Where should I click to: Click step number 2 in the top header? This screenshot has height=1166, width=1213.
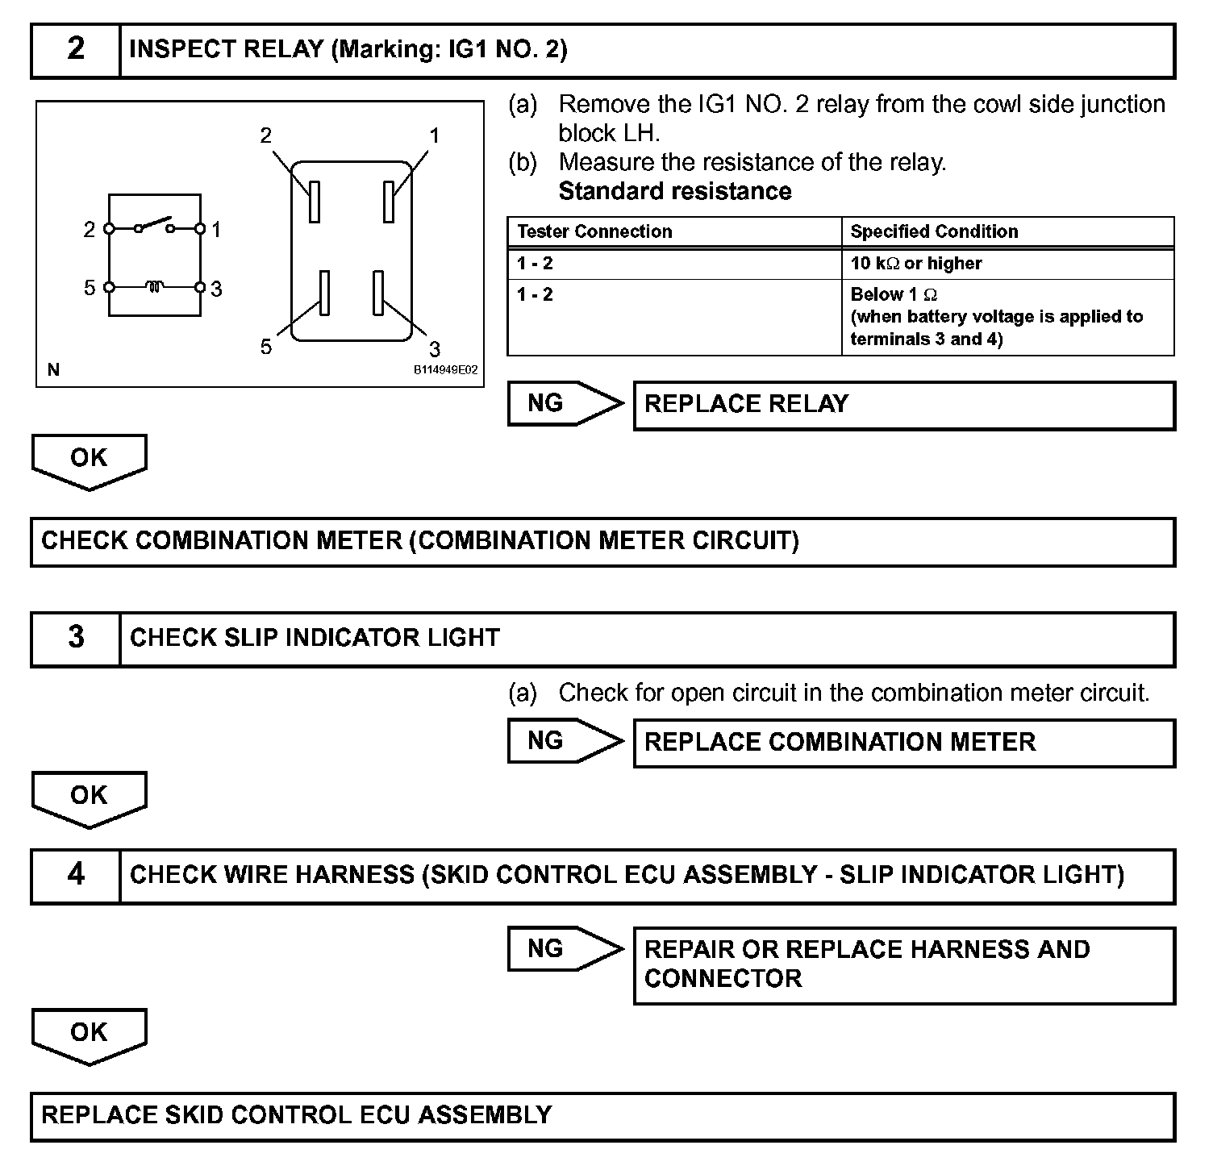coord(75,50)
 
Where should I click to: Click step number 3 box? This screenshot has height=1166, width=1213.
coord(75,638)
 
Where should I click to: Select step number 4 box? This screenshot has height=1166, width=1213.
coord(75,875)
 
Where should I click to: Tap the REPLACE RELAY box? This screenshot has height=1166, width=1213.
coord(903,405)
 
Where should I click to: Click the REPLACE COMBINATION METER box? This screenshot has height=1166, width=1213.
coord(903,743)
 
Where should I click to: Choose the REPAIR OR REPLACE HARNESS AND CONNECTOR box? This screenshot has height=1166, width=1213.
coord(903,964)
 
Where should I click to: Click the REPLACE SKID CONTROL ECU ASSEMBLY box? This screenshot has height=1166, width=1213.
coord(602,1116)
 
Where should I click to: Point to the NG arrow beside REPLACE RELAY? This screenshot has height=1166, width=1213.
coord(565,403)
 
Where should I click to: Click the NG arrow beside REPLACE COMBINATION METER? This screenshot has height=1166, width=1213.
coord(565,741)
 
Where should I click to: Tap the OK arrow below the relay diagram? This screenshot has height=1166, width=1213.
coord(89,460)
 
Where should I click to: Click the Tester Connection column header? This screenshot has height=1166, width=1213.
coord(594,232)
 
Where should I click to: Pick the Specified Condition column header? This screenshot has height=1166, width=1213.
coord(934,232)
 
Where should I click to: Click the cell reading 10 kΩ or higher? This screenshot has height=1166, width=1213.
coord(916,264)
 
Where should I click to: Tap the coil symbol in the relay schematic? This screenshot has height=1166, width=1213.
coord(154,286)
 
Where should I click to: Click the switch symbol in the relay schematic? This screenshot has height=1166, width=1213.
coord(154,225)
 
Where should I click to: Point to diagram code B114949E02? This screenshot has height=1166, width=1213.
coord(445,370)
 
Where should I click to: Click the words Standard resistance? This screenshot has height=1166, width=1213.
coord(675,192)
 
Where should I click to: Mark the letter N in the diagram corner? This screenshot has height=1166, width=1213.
coord(53,370)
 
